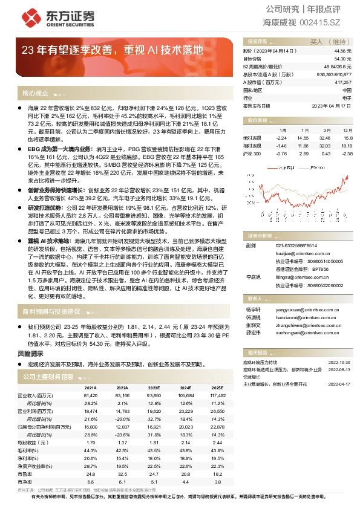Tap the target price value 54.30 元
(x=344, y=59)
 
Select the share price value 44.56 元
(x=344, y=51)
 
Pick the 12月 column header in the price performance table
(x=347, y=130)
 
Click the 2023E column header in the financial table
(x=154, y=387)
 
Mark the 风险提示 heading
(x=30, y=354)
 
